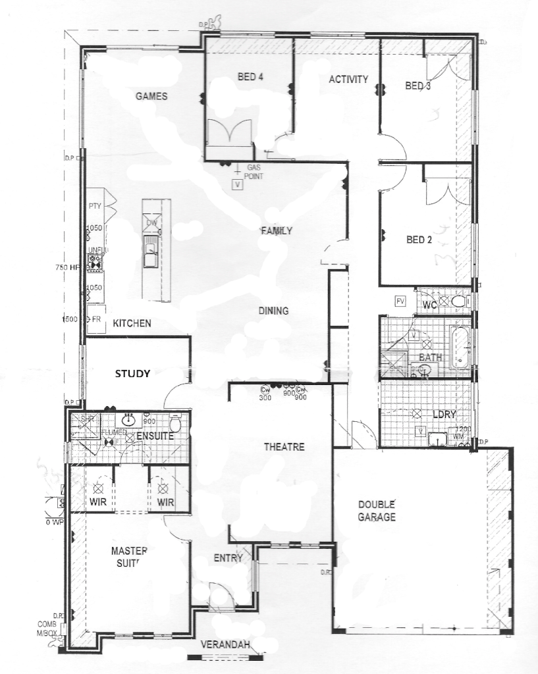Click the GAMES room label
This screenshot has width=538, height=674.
click(151, 96)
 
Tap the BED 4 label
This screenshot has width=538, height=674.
click(250, 77)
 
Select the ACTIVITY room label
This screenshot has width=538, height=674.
click(348, 80)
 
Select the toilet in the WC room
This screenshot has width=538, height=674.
click(458, 302)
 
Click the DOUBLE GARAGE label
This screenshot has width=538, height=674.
click(377, 511)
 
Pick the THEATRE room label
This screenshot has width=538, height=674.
click(284, 447)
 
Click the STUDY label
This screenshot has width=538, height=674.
click(133, 374)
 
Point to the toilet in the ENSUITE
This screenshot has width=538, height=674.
click(175, 422)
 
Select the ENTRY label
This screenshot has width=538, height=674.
click(229, 558)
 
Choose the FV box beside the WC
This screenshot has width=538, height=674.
click(400, 301)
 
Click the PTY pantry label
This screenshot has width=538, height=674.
click(95, 206)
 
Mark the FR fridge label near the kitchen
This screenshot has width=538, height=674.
click(96, 319)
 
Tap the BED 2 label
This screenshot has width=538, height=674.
click(419, 240)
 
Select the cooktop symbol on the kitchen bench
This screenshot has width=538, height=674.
click(95, 263)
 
